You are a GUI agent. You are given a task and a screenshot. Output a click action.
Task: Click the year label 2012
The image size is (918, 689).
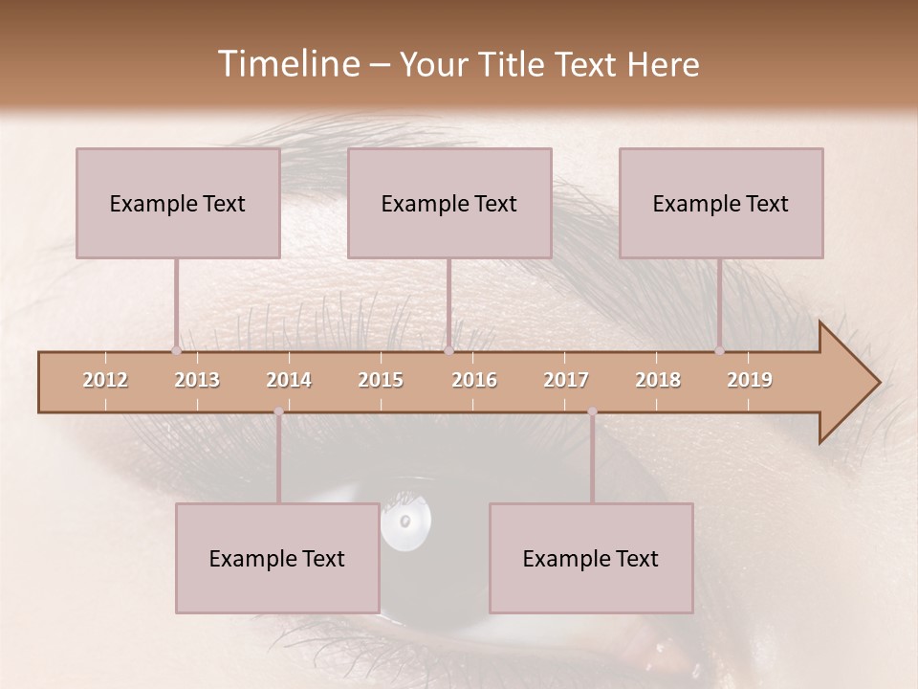[105, 380]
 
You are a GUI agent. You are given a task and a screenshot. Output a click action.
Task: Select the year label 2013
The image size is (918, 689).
[197, 380]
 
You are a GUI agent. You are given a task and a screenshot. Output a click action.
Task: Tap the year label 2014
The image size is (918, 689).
[289, 380]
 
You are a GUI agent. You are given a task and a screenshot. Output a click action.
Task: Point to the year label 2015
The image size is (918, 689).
[381, 380]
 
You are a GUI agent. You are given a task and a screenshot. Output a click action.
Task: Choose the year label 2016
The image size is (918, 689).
[474, 380]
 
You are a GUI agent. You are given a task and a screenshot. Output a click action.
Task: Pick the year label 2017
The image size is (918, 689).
[566, 380]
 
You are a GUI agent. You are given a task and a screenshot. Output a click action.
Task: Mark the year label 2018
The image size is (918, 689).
[658, 380]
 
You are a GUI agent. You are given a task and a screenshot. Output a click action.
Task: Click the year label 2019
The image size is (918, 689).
[750, 380]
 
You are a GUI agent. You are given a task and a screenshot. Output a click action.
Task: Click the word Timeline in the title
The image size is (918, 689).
[286, 64]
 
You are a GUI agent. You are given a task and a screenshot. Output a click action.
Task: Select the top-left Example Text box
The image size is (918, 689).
[178, 203]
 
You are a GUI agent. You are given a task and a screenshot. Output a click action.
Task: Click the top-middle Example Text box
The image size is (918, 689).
[449, 203]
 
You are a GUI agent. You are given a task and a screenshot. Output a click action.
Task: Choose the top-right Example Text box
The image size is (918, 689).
[721, 203]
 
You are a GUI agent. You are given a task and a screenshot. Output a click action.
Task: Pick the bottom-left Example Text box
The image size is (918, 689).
[277, 558]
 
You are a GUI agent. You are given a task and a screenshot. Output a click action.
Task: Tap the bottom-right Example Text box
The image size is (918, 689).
[591, 558]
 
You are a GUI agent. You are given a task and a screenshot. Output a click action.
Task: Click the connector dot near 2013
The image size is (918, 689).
[176, 350]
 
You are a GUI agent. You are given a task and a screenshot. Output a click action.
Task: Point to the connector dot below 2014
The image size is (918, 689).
[278, 411]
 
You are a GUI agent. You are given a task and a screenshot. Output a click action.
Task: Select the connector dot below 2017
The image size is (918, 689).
[592, 411]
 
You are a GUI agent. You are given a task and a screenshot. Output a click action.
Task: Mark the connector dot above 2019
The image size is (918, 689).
[719, 350]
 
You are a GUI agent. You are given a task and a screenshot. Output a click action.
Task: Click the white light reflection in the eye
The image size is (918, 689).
[406, 522]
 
